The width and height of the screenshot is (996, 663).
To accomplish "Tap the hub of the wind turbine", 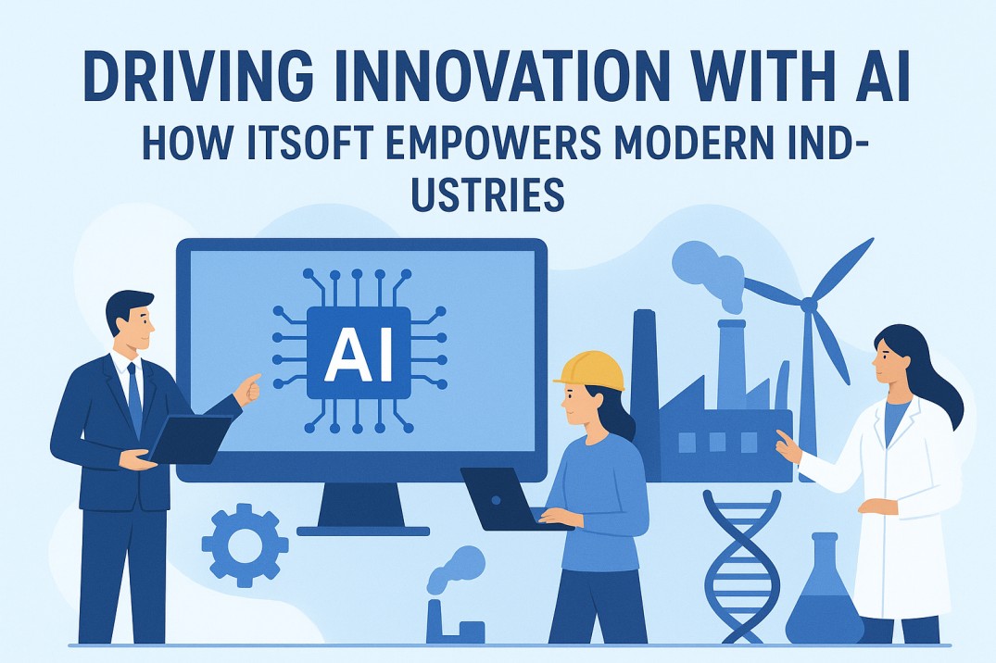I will pyautogui.click(x=809, y=303).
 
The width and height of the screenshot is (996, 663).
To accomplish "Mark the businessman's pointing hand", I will pyautogui.click(x=247, y=389).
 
